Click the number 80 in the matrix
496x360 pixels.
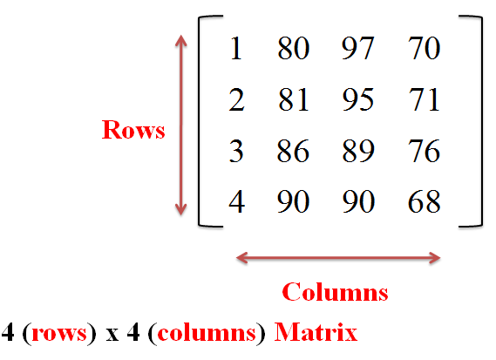tap(293, 48)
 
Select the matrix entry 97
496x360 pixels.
tap(358, 48)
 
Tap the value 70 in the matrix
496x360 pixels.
tap(424, 48)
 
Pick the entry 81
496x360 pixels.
tap(293, 99)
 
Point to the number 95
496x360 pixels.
tap(358, 99)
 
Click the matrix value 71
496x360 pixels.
tap(424, 99)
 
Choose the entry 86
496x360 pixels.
tap(293, 151)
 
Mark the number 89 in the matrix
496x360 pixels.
tap(358, 151)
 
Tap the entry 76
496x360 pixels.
tap(424, 151)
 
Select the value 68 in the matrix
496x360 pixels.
tap(424, 201)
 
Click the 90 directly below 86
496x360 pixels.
tap(293, 201)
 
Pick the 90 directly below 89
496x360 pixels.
tap(358, 201)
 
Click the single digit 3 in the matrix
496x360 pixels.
tap(236, 151)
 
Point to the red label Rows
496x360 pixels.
tap(133, 130)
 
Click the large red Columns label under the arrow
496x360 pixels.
tap(335, 292)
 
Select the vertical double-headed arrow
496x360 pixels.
tap(181, 125)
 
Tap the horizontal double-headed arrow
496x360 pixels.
tap(338, 258)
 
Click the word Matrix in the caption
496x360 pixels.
tap(316, 332)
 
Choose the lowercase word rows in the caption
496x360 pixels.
tap(59, 334)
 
